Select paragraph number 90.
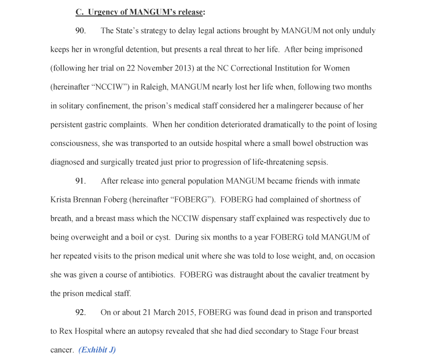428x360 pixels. point(81,31)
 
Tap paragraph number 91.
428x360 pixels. point(81,181)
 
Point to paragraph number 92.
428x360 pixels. point(81,312)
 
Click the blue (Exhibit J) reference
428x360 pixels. point(97,350)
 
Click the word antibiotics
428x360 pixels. point(153,275)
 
